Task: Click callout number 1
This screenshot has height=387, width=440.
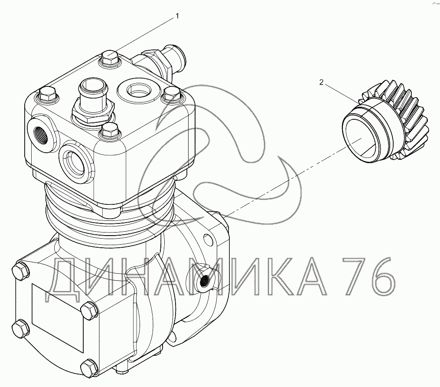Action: point(177,16)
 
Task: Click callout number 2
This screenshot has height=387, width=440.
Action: point(321,82)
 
